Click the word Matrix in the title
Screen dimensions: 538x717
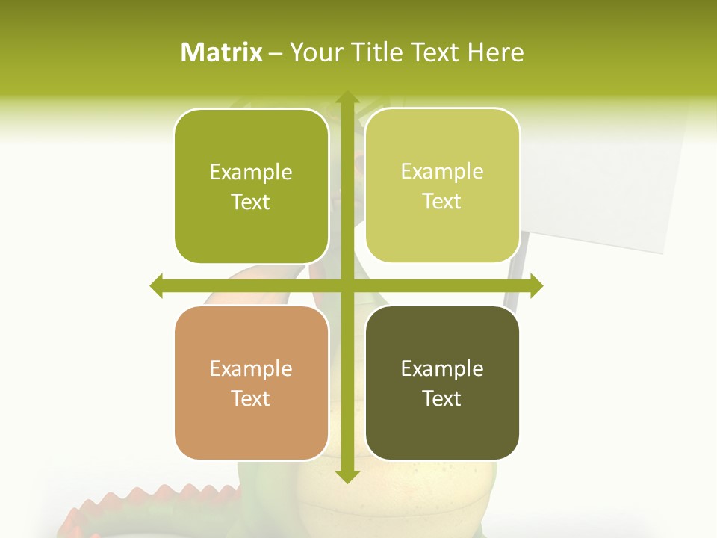point(221,52)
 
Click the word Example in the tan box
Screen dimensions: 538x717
point(251,368)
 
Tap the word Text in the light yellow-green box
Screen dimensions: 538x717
point(441,202)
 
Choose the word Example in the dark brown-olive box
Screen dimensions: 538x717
point(442,368)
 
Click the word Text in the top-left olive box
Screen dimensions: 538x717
point(250,202)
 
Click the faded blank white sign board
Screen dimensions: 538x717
point(597,187)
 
